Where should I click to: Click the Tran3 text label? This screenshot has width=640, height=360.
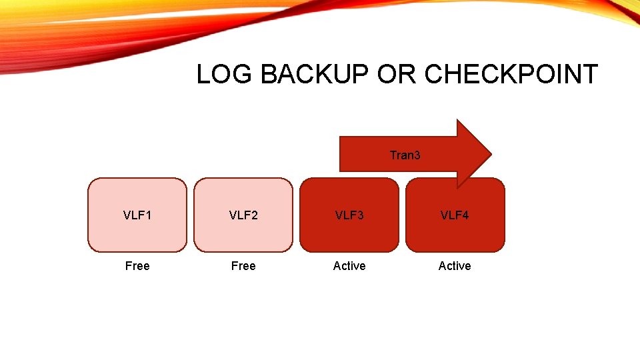click(x=405, y=155)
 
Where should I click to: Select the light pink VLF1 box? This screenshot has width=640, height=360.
click(x=137, y=230)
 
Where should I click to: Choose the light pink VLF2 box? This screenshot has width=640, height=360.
click(x=243, y=230)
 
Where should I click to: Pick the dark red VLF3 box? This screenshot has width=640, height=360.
click(x=349, y=230)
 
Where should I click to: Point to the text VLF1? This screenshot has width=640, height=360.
click(x=137, y=215)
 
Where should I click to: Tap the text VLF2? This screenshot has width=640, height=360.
click(x=243, y=215)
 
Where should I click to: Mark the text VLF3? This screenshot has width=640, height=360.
click(x=349, y=215)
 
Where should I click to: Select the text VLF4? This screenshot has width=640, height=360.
click(x=455, y=215)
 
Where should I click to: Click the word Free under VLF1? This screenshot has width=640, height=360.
click(x=137, y=266)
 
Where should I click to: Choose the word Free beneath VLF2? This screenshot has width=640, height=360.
click(x=243, y=266)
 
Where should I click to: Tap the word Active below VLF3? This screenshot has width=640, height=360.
click(x=349, y=266)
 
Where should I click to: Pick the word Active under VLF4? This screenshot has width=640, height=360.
click(x=455, y=266)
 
